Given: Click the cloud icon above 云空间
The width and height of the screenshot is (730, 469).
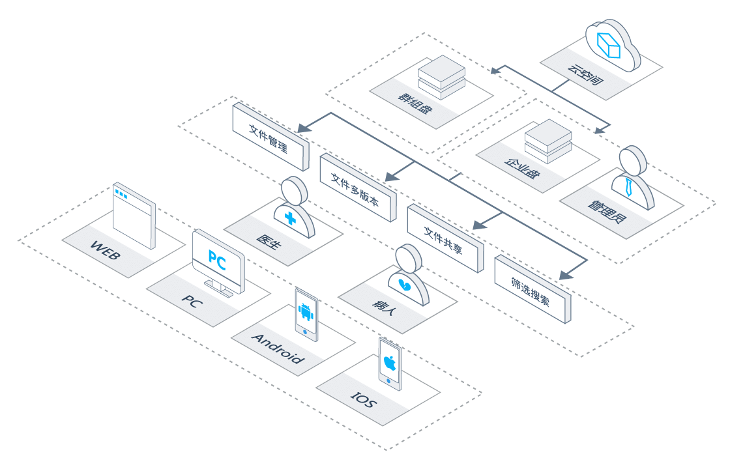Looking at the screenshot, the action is click(x=612, y=44).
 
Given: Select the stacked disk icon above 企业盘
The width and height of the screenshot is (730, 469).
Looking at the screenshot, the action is click(x=548, y=141).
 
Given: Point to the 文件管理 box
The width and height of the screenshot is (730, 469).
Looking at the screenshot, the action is click(x=270, y=136).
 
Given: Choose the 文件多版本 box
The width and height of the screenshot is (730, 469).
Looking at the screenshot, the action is click(x=358, y=188).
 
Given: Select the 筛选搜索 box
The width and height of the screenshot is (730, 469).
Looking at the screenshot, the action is click(x=533, y=289).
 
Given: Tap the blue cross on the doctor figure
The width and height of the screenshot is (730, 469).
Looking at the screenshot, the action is click(x=291, y=218).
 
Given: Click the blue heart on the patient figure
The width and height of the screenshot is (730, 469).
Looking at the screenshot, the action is click(x=403, y=284).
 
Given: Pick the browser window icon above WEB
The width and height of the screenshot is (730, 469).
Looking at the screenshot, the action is click(x=134, y=216).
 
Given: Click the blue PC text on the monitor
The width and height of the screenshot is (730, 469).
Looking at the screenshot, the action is click(x=218, y=261).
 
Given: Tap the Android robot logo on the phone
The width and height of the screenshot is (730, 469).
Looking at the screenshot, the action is click(x=306, y=312).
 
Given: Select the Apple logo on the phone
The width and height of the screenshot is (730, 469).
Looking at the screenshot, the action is click(x=390, y=362).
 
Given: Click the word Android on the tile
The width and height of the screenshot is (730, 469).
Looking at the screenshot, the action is click(x=278, y=348).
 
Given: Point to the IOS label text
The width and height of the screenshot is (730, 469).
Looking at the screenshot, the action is click(x=364, y=399).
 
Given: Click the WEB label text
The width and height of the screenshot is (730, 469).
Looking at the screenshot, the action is click(x=106, y=250).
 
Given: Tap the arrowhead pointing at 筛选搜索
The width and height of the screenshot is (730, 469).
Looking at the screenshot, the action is click(x=566, y=276).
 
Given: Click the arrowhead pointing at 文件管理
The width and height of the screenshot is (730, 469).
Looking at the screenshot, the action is click(x=304, y=128).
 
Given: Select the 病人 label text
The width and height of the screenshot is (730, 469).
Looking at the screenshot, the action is click(x=384, y=307).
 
